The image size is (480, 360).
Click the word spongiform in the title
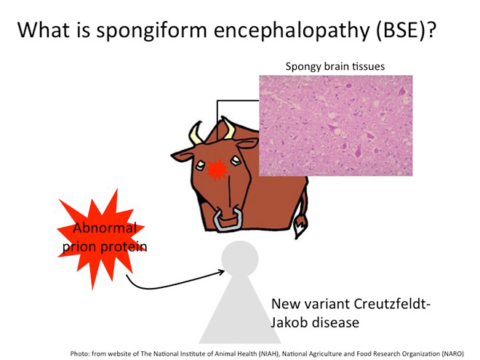151,31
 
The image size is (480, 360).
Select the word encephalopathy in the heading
292,31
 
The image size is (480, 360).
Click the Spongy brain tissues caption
335,66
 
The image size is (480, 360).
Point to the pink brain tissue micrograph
336,126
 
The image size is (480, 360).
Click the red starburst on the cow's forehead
217,169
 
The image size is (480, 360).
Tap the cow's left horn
196,133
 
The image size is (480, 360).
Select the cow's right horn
229,128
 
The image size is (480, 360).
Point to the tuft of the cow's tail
300,226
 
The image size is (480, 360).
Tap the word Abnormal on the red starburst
105,228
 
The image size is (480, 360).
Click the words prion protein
105,247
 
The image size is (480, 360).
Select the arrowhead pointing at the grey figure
221,271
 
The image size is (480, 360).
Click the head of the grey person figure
240,258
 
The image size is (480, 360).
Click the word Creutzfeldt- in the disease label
392,304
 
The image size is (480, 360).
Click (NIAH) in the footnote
269,353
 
